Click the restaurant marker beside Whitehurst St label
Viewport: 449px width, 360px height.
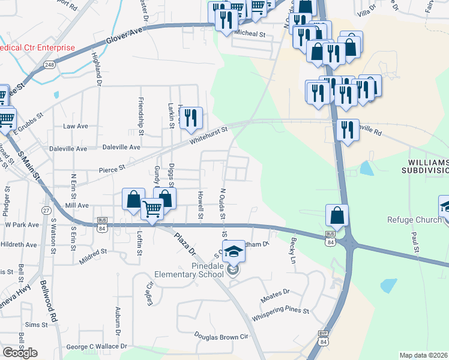(191, 117)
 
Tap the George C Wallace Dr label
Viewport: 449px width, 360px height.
(97, 346)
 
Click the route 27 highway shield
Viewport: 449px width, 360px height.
(46, 211)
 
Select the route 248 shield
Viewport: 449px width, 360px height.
(49, 64)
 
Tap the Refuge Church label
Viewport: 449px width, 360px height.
(414, 220)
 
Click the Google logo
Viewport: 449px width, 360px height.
(20, 352)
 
